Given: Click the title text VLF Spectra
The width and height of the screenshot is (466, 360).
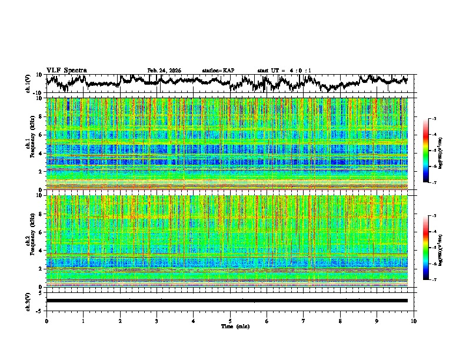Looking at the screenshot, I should coord(66,70).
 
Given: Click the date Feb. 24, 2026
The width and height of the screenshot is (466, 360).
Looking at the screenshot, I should coord(164,71).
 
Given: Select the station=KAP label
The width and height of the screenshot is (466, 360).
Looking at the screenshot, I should coord(218,71).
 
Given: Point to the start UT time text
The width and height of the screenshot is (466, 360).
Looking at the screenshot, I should coord(284,71).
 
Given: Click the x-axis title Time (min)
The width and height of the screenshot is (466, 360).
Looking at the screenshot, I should coord(230,326).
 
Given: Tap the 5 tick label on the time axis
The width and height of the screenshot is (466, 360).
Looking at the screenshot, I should coord(230,321).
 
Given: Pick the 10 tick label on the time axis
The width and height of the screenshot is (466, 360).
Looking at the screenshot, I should coord(414,321).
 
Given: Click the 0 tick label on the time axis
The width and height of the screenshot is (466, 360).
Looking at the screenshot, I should coord(46,321).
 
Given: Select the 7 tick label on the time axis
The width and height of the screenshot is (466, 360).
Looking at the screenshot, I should coord(304,321).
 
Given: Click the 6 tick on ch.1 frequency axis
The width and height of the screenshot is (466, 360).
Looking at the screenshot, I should coord(41,135).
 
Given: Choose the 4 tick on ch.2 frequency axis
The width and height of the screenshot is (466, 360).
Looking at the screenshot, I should coord(41,250).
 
